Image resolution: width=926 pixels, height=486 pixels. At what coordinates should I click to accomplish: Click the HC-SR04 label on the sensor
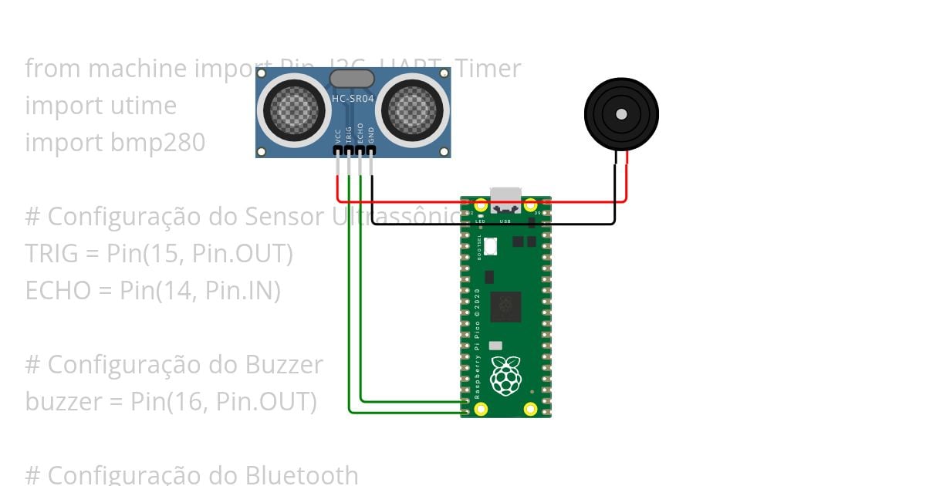tap(353, 100)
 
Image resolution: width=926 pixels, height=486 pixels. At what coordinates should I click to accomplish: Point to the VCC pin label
tap(338, 137)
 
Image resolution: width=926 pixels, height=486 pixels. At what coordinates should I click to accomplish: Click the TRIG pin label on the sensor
tap(349, 135)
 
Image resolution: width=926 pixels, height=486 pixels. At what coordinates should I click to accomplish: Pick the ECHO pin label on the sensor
tap(360, 135)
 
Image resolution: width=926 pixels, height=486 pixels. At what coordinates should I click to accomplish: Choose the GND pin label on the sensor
tap(371, 137)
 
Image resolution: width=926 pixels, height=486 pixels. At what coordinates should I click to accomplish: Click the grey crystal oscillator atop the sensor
tap(352, 78)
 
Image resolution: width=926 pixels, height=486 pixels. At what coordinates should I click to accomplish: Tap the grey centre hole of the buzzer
tap(621, 114)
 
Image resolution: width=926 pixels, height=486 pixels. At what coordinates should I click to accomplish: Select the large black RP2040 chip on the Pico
tap(506, 306)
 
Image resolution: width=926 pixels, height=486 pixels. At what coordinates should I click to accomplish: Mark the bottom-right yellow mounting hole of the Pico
tap(530, 409)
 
